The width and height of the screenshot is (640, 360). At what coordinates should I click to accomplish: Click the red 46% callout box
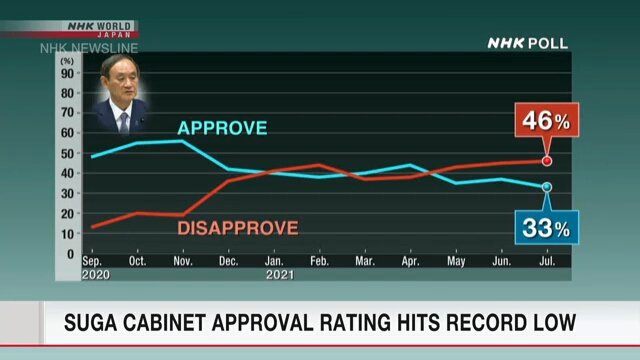point(547,120)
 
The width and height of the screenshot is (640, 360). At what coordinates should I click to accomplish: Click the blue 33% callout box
point(547,227)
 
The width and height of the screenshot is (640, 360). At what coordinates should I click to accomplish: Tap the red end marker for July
point(547,161)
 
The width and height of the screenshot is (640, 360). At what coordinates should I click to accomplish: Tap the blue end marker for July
point(547,187)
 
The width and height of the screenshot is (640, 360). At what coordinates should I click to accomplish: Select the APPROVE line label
point(222,128)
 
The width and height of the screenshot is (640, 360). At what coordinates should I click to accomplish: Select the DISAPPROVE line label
point(238,228)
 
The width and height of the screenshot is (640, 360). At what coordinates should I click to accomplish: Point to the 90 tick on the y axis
point(67,73)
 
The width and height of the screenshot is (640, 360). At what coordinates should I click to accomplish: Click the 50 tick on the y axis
point(67,154)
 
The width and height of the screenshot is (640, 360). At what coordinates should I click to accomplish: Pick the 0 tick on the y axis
point(70,254)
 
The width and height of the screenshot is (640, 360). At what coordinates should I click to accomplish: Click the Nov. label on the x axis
point(183,261)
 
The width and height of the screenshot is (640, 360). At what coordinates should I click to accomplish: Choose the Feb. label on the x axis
point(319,261)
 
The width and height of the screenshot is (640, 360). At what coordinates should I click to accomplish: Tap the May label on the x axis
point(456,261)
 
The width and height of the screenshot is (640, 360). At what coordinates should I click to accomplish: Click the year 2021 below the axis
point(280,275)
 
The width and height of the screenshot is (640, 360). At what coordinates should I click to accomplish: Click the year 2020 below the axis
point(96,275)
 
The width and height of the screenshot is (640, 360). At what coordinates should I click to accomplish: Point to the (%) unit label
point(67,61)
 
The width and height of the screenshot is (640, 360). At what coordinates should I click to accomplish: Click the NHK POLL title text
point(528,43)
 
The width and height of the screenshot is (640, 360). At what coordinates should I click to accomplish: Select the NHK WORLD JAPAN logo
point(100,29)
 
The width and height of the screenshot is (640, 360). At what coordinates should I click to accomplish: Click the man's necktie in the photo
point(124,122)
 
